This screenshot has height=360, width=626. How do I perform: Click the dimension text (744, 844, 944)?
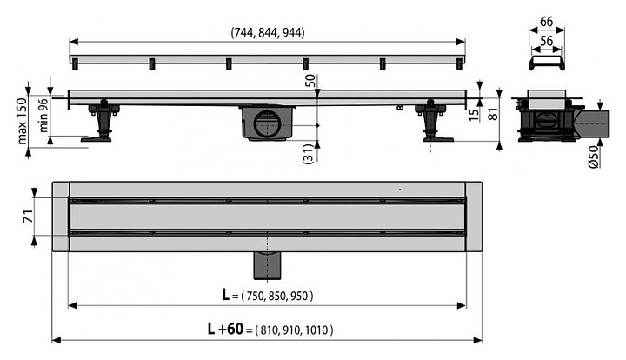pos(268,32)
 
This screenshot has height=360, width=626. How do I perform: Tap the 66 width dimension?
pos(546,22)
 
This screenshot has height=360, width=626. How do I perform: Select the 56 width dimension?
pos(546,41)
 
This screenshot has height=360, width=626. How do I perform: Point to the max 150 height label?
pos(22,121)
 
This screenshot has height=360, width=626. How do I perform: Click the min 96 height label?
pos(43,116)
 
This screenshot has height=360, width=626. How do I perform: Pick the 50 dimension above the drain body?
pos(310,81)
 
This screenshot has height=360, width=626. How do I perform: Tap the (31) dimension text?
pos(310,154)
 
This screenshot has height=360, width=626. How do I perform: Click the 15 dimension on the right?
pos(474,115)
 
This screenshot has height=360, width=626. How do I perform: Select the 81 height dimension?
pos(494,115)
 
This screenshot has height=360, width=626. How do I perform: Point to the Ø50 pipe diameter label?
pos(594,157)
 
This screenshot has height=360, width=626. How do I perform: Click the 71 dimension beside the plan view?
pos(28,217)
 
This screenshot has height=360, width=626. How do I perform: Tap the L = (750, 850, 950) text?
pos(268,296)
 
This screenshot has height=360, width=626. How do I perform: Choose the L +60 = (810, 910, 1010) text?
pos(270,330)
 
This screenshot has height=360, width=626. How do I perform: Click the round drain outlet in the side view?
pos(268,123)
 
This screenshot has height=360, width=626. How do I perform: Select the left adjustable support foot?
pos(101,121)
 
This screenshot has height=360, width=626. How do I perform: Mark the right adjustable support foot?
pos(433,121)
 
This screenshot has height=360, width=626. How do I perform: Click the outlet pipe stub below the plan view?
pos(268,265)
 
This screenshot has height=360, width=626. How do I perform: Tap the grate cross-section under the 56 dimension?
pos(547,63)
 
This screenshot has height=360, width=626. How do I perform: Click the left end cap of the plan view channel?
pos(61,217)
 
